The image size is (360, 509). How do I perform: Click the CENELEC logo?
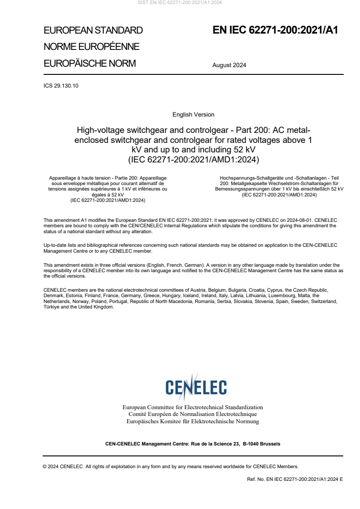point(196,387)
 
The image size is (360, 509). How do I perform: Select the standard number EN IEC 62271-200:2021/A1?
point(276,30)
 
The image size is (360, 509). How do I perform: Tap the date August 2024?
point(229,65)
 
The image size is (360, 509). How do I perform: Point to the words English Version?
point(193,114)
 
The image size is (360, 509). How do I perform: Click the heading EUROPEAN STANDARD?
point(93,30)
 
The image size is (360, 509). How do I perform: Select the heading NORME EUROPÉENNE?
point(91,47)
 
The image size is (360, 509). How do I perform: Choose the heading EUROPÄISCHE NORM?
point(89,63)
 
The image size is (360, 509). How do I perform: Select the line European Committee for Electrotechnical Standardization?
point(192,407)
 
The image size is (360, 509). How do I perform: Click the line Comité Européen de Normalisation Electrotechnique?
point(192,414)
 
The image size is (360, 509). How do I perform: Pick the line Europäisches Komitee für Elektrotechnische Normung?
point(192,421)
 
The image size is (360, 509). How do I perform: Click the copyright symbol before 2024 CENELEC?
point(45,466)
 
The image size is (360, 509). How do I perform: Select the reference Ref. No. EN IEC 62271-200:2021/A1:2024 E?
point(295,479)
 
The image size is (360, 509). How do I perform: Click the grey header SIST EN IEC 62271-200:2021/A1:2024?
point(180,3)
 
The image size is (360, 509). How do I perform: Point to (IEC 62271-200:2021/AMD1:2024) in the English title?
point(193,159)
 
